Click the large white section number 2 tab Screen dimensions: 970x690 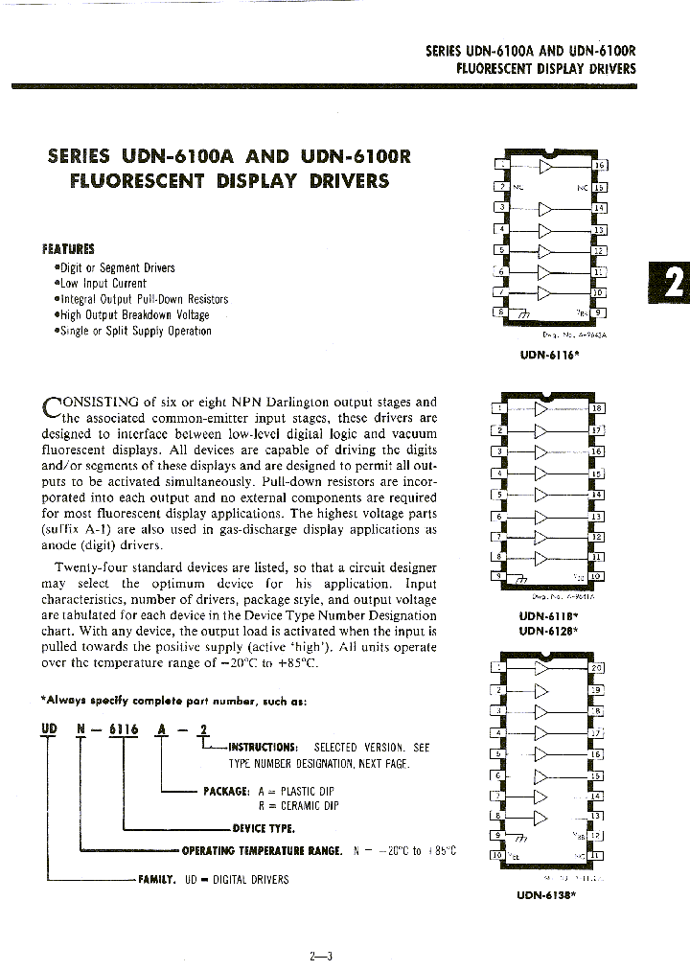coord(673,285)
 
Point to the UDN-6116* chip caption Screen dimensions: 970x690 coord(550,354)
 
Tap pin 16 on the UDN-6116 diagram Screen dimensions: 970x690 coord(600,166)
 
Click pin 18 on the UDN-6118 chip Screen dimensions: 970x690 coord(597,408)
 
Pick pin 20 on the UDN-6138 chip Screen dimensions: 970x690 coord(597,668)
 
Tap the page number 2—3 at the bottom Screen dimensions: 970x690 coord(320,955)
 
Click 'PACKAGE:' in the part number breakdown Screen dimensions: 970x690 coord(226,791)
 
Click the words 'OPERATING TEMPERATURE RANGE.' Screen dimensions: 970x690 coord(262,850)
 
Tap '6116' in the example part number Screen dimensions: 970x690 coord(123,729)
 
